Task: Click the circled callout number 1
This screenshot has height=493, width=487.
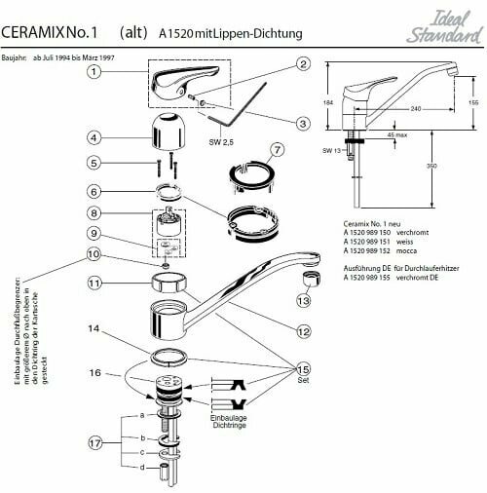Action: (94, 71)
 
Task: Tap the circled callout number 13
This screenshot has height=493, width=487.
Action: (303, 301)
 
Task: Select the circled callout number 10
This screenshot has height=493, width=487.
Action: (94, 255)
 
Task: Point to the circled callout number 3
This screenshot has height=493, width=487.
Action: (304, 124)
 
